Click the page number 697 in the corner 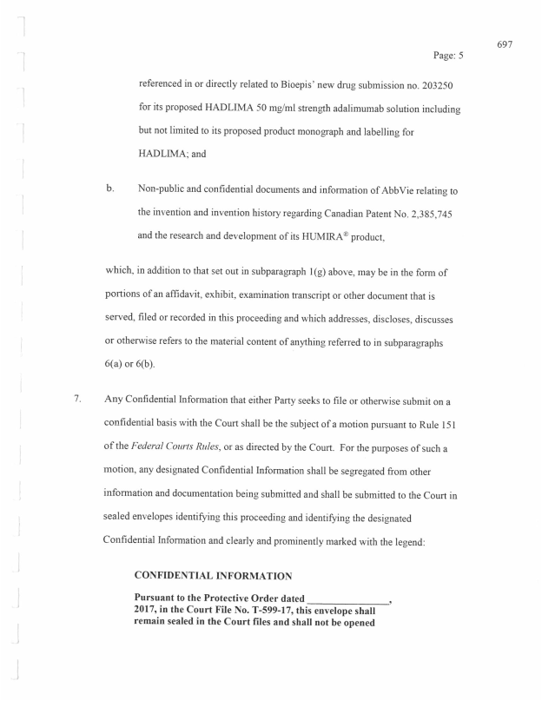click(506, 43)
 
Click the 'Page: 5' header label click(448, 55)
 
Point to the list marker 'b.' click(109, 188)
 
